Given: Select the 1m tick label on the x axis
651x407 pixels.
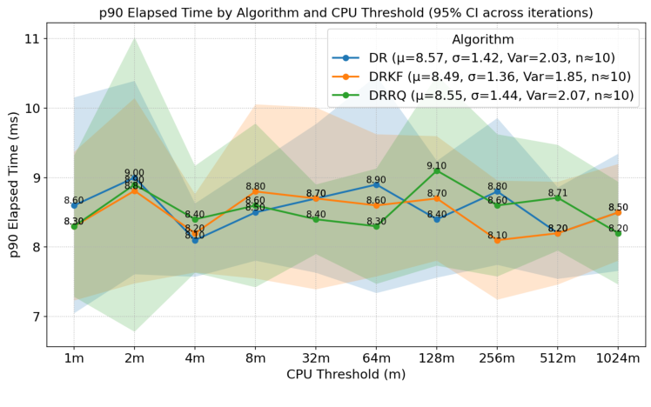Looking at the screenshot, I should [74, 358].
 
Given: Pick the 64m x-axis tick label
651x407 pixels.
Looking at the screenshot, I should [376, 358].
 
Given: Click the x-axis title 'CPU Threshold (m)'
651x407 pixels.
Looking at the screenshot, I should [346, 375].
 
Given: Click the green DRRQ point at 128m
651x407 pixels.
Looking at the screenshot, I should [437, 170].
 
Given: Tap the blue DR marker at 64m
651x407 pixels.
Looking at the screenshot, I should [376, 184].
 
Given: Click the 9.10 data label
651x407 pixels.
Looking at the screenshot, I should [437, 165].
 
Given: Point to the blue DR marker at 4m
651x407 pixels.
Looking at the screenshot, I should [195, 240].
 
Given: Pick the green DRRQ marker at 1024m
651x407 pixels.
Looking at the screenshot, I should [618, 233].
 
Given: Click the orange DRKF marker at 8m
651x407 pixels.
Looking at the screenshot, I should [255, 191].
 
